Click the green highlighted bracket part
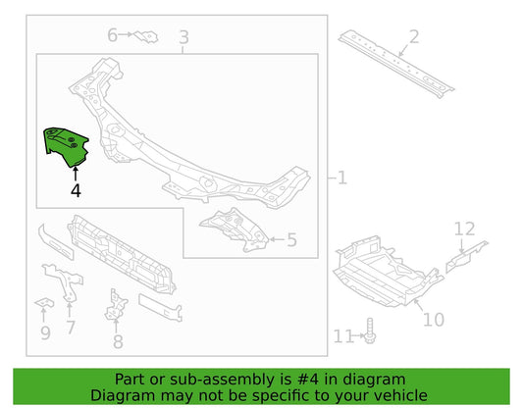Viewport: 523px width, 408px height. (x=67, y=147)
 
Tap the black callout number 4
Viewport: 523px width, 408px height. (x=76, y=190)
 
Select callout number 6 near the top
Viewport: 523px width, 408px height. (x=113, y=35)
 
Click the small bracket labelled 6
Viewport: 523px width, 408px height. (x=146, y=36)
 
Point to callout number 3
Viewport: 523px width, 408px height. (x=183, y=37)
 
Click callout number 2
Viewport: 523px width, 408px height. (x=414, y=36)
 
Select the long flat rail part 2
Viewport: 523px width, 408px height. (x=396, y=64)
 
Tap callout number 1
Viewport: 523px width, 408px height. (x=342, y=178)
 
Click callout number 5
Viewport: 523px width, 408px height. (x=291, y=239)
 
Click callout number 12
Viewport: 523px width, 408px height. (x=465, y=229)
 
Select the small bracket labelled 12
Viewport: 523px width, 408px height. (x=466, y=256)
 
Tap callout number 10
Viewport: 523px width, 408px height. (x=434, y=320)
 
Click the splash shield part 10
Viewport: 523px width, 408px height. (x=389, y=271)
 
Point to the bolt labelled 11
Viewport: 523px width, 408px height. (x=370, y=331)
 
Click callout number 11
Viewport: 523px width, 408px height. (x=343, y=336)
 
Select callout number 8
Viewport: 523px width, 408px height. (x=118, y=342)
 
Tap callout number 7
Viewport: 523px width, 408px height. (x=71, y=328)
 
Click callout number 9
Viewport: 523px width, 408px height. (x=45, y=333)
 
